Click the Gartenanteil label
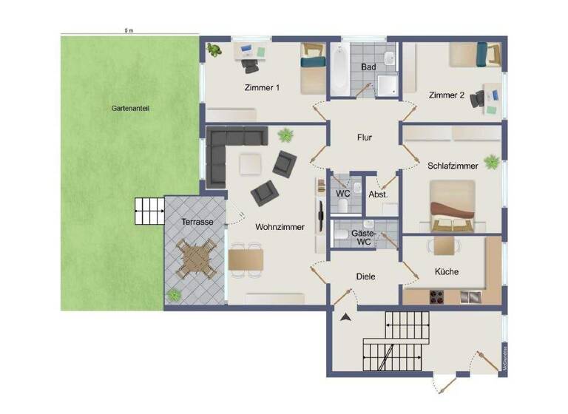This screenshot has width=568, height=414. (x=130, y=108)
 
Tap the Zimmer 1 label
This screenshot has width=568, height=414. (x=262, y=88)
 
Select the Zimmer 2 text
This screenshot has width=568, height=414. (x=447, y=95)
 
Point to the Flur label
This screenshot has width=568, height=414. (x=364, y=138)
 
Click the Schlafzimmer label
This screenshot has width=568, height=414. (x=453, y=166)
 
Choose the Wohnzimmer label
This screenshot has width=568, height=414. (x=280, y=227)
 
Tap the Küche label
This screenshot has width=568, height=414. (x=447, y=271)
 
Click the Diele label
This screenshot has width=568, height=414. (x=366, y=276)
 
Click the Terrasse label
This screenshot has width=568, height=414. (x=197, y=222)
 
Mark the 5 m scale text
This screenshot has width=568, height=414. (x=129, y=31)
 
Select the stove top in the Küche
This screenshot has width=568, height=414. (x=436, y=297)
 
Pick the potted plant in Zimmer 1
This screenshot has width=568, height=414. (x=215, y=50)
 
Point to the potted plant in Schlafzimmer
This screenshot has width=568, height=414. (x=490, y=160)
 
